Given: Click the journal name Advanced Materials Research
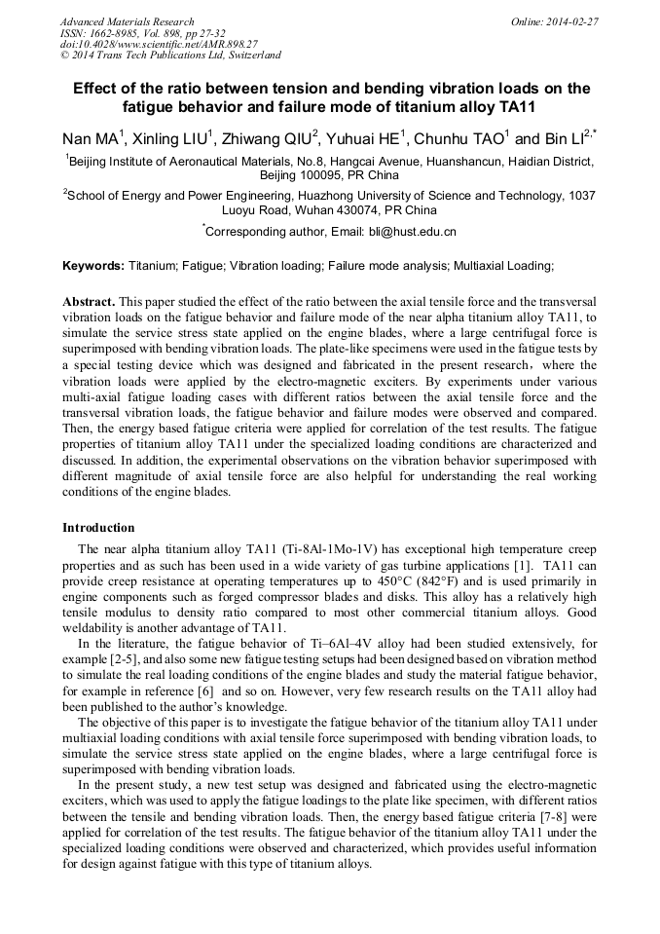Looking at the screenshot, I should pyautogui.click(x=127, y=21).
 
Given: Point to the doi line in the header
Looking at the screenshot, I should pyautogui.click(x=159, y=44).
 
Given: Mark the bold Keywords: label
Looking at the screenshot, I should pyautogui.click(x=93, y=266).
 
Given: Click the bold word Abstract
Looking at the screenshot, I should pyautogui.click(x=89, y=303).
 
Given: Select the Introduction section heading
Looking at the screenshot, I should pyautogui.click(x=98, y=528).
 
